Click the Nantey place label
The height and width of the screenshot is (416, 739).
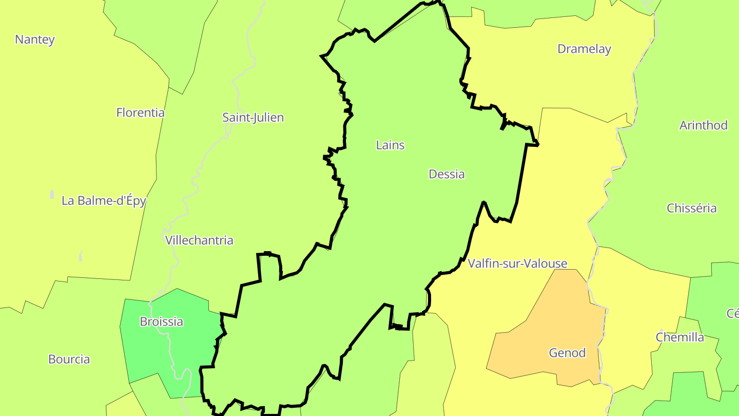pyautogui.click(x=35, y=40)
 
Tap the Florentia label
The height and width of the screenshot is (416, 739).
pyautogui.click(x=140, y=112)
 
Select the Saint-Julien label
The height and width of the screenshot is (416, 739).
pyautogui.click(x=252, y=118)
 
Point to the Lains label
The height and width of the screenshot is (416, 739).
pyautogui.click(x=390, y=145)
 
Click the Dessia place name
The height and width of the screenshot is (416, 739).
pyautogui.click(x=446, y=174)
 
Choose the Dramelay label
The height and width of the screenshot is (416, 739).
pyautogui.click(x=584, y=49)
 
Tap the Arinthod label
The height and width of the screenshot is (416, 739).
pyautogui.click(x=703, y=125)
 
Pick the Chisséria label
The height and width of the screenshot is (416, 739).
pyautogui.click(x=691, y=209)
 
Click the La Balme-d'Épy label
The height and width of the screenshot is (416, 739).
pyautogui.click(x=104, y=201)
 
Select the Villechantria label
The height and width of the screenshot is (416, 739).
pyautogui.click(x=199, y=240)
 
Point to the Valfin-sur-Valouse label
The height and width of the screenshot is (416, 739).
pyautogui.click(x=517, y=264)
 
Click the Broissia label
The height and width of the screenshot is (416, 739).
pyautogui.click(x=161, y=322)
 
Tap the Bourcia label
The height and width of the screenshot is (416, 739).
pyautogui.click(x=69, y=360)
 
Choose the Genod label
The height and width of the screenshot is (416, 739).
pyautogui.click(x=567, y=353)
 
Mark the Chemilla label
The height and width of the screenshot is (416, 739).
pyautogui.click(x=679, y=337)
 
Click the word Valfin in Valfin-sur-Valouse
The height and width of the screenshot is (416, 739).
pyautogui.click(x=482, y=264)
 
